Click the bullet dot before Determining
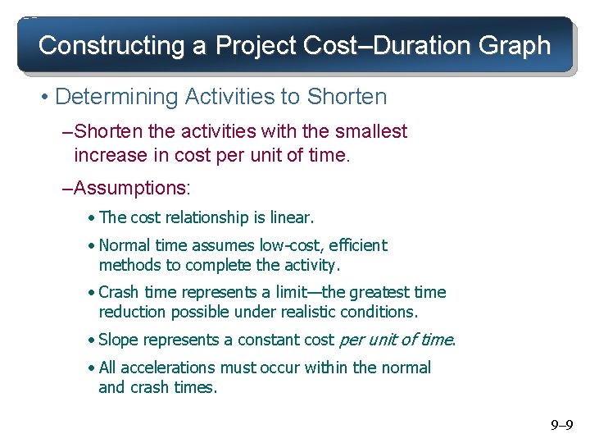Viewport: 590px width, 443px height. pyautogui.click(x=43, y=98)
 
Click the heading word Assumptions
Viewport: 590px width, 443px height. pyautogui.click(x=131, y=188)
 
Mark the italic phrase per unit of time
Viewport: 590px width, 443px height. pyautogui.click(x=396, y=340)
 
